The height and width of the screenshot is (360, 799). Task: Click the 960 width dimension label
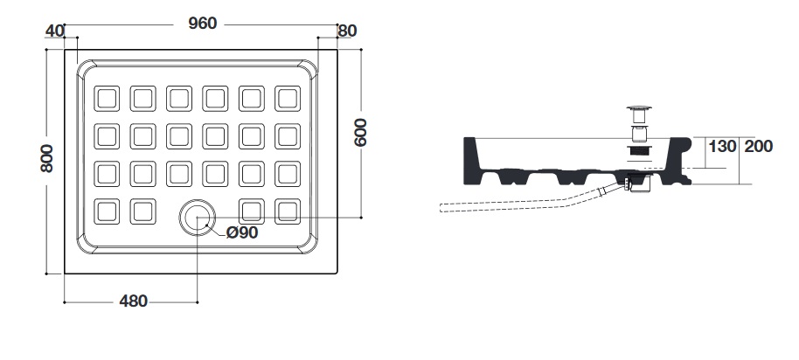202,24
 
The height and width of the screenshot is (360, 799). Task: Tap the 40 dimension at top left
55,31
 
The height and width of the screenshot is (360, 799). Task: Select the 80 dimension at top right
347,31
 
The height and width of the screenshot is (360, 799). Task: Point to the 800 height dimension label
47,158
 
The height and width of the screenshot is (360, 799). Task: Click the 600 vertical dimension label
360,133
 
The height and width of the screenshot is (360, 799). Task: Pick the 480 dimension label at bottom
134,301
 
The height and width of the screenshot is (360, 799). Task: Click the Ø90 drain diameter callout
242,232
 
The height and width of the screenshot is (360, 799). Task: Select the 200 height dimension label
759,147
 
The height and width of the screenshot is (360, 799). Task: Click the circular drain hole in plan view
198,218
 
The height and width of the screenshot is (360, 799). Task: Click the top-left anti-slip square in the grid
107,98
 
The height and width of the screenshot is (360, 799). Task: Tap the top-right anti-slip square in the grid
288,98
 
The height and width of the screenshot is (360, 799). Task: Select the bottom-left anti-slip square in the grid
107,211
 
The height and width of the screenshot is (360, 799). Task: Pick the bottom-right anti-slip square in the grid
288,211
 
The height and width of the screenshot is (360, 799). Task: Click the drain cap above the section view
639,108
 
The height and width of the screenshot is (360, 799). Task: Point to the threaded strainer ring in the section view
639,150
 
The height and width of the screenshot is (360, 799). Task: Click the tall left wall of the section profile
472,161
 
